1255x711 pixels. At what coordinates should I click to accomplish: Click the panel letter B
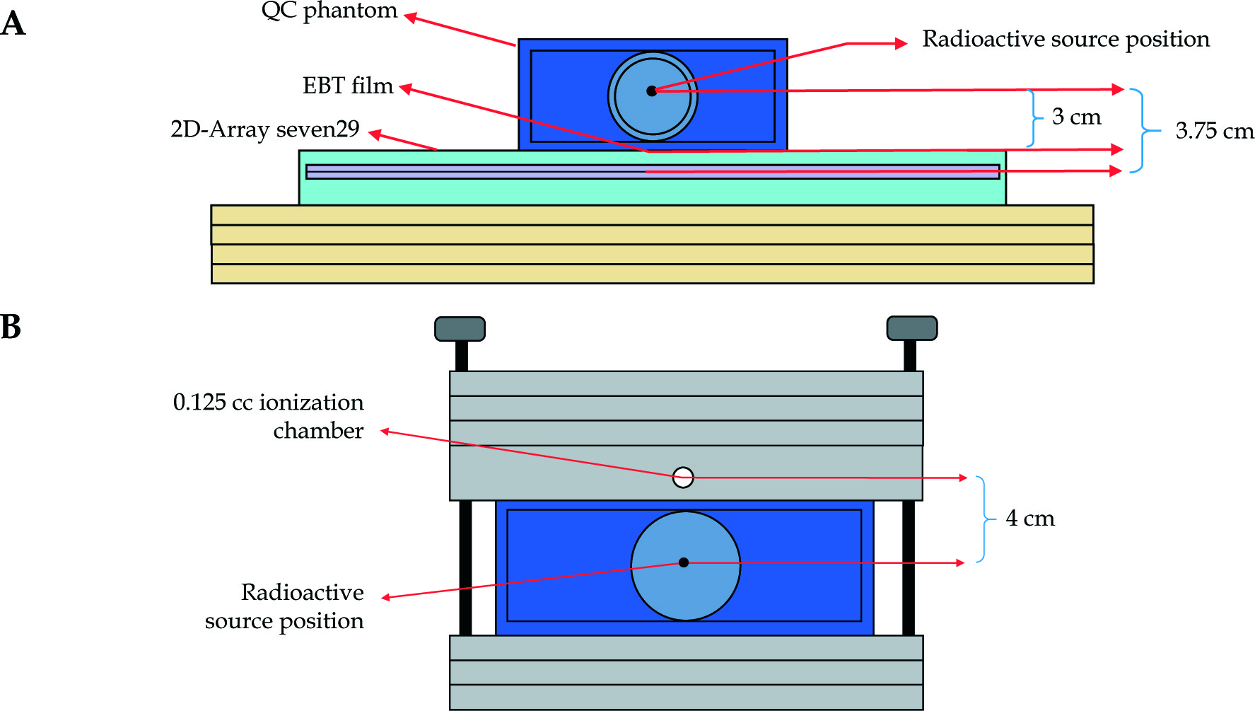(11, 327)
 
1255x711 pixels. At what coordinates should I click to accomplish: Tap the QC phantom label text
(329, 11)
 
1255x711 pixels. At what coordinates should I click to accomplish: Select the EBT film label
(347, 86)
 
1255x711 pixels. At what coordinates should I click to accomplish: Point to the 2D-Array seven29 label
(264, 129)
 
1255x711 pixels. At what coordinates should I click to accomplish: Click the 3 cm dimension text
(1076, 117)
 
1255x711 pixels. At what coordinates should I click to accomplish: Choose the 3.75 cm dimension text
(1214, 131)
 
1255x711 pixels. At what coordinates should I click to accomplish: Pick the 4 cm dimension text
(1029, 519)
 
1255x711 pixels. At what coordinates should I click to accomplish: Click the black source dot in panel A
(652, 91)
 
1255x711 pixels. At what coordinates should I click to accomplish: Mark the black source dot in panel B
(684, 562)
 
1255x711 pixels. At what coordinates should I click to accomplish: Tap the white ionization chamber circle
(683, 478)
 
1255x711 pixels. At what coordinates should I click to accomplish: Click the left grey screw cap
(460, 328)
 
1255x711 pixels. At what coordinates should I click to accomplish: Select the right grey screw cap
(912, 328)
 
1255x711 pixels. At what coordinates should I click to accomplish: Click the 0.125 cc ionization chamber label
(269, 416)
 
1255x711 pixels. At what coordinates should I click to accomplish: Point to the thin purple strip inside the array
(495, 172)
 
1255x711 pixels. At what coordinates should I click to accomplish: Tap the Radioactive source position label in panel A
(1066, 39)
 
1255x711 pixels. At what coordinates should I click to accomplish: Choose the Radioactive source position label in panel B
(285, 606)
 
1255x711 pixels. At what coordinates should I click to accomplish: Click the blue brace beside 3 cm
(1034, 118)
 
